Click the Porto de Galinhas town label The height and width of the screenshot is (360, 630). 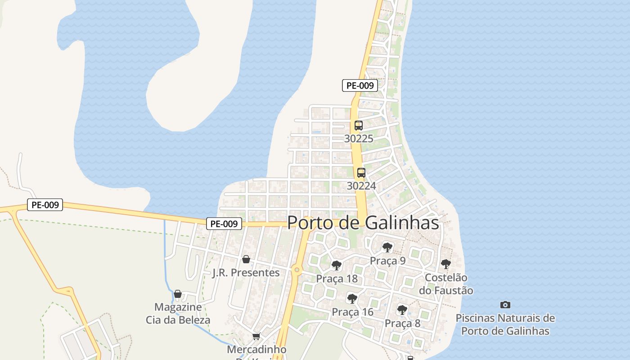tap(363, 222)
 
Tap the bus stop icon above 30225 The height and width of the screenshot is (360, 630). tap(359, 126)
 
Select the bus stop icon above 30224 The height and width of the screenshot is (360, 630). tap(361, 173)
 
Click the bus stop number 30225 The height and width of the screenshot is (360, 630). tap(359, 139)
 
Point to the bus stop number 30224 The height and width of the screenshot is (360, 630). tap(361, 185)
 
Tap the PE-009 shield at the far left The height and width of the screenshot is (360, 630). tap(45, 205)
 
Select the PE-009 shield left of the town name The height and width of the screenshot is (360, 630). tap(224, 224)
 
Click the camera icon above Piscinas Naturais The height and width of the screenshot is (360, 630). tap(505, 305)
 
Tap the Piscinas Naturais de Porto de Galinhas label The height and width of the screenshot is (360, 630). tap(505, 324)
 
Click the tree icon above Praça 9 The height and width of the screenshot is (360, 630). tap(387, 247)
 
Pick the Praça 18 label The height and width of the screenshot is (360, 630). tap(337, 279)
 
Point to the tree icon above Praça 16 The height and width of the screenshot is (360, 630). tap(352, 298)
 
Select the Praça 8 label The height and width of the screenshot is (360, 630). tap(402, 323)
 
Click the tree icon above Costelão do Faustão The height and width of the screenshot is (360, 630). tap(445, 264)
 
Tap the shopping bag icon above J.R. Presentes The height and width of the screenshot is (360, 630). tap(246, 259)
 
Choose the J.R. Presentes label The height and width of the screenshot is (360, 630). tap(246, 273)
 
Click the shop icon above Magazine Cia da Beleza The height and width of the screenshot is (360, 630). tap(178, 294)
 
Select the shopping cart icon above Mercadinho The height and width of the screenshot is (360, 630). tap(256, 336)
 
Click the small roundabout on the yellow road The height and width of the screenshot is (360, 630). tap(296, 270)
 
